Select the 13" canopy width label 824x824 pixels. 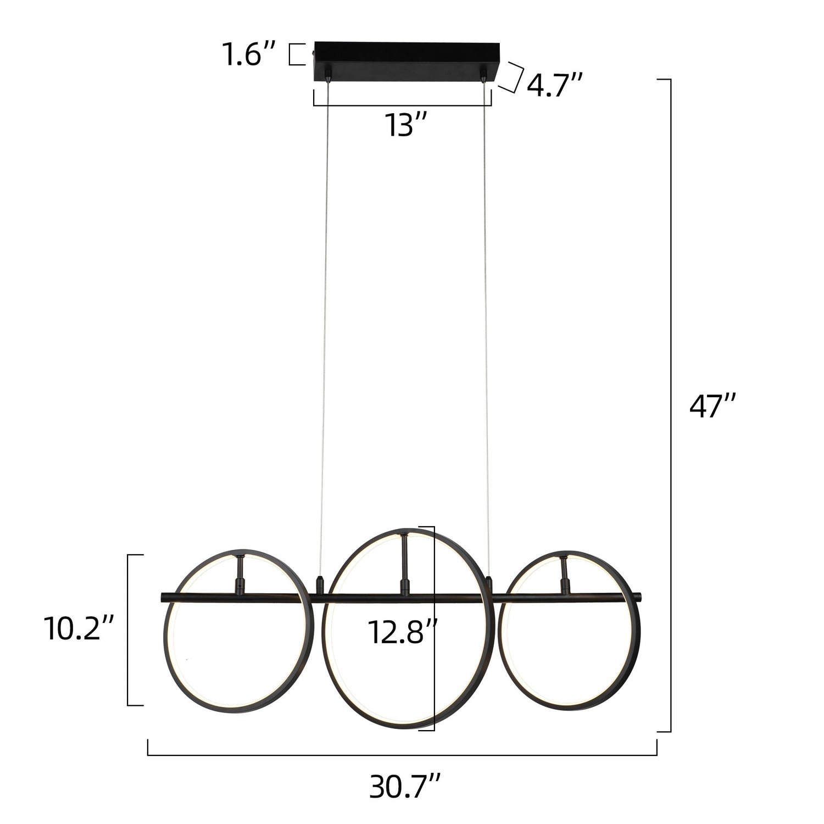click(x=406, y=125)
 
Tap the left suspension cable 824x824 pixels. click(x=324, y=330)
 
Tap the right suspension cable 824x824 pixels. click(x=486, y=330)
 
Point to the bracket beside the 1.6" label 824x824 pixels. click(x=296, y=54)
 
